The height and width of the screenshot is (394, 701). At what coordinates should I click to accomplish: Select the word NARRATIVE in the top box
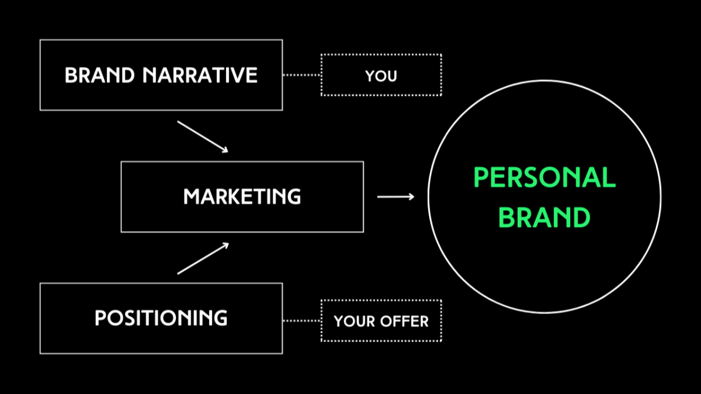click(200, 75)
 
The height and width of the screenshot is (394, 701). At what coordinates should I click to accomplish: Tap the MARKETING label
click(242, 196)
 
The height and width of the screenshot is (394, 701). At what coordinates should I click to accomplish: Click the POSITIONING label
click(161, 318)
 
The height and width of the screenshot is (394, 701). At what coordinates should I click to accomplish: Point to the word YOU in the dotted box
click(381, 76)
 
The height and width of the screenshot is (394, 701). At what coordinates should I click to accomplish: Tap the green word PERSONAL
click(544, 178)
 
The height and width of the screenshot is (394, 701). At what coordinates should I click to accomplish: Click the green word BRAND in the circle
click(544, 217)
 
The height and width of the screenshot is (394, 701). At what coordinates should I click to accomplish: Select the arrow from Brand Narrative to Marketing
click(202, 136)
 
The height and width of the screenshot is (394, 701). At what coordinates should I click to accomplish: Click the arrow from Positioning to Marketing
click(202, 258)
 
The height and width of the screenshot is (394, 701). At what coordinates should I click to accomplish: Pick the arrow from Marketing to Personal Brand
click(395, 196)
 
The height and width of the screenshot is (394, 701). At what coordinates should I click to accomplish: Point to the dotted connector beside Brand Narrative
click(301, 75)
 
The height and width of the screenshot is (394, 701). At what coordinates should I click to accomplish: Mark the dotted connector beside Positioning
click(301, 321)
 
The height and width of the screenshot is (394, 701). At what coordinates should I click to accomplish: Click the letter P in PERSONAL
click(480, 178)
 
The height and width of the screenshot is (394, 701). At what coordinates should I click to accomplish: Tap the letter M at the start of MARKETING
click(191, 196)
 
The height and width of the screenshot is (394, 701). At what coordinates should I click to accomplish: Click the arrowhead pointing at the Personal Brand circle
click(411, 196)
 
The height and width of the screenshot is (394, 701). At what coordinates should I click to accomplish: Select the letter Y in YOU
click(370, 76)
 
